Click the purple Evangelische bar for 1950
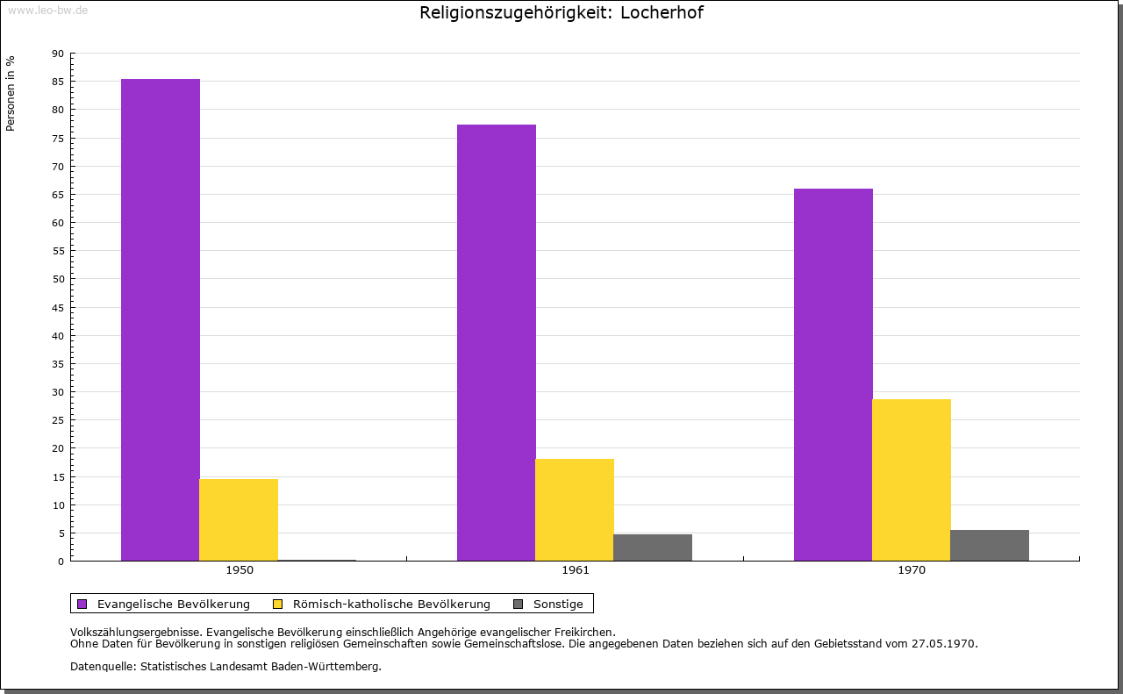pyautogui.click(x=161, y=319)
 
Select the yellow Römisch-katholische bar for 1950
pyautogui.click(x=239, y=519)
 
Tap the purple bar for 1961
pyautogui.click(x=497, y=342)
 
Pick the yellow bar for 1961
pyautogui.click(x=575, y=510)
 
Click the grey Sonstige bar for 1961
pyautogui.click(x=653, y=547)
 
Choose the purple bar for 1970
pyautogui.click(x=833, y=375)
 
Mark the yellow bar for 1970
pyautogui.click(x=912, y=480)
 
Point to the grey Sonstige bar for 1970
pyautogui.click(x=990, y=546)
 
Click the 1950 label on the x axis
pyautogui.click(x=240, y=570)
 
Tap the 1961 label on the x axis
pyautogui.click(x=576, y=570)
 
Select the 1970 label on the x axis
pyautogui.click(x=912, y=570)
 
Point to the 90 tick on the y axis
pyautogui.click(x=58, y=54)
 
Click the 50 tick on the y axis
pyautogui.click(x=58, y=279)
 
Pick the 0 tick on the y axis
pyautogui.click(x=61, y=562)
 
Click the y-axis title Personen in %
pyautogui.click(x=11, y=93)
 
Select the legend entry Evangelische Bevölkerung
pyautogui.click(x=173, y=604)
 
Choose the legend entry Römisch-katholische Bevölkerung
pyautogui.click(x=391, y=604)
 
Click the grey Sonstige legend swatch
pyautogui.click(x=518, y=604)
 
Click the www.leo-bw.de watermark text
pyautogui.click(x=47, y=9)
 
